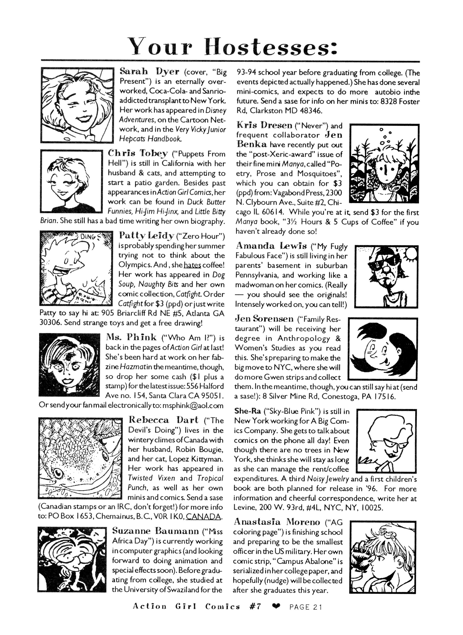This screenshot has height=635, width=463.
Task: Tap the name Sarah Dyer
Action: coord(149,72)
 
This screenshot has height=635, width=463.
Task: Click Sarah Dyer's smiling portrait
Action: coord(77,105)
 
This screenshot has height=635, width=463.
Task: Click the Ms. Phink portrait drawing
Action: coord(69,365)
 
